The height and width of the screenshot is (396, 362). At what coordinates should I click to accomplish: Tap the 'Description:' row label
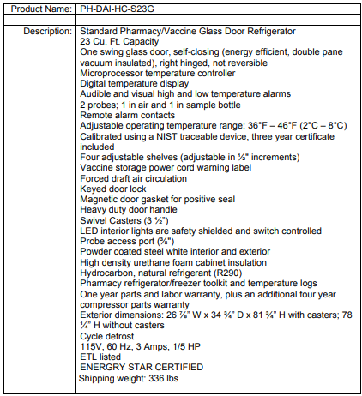click(x=46, y=31)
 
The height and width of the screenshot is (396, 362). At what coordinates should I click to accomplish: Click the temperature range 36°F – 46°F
click(x=253, y=124)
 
